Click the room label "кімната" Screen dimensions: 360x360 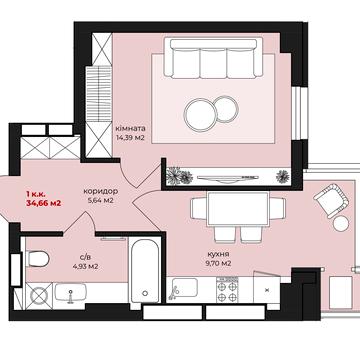(x=130, y=128)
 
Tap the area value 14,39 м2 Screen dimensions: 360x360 (x=130, y=137)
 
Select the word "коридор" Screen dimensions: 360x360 (x=100, y=192)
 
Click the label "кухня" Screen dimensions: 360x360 (x=218, y=254)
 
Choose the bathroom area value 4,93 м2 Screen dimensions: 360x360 (x=85, y=267)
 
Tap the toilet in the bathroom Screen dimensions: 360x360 (x=37, y=259)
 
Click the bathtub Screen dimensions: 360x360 (x=145, y=270)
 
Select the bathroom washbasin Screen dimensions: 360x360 (x=70, y=293)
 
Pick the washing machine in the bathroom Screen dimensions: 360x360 (x=39, y=296)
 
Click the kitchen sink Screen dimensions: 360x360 (x=184, y=287)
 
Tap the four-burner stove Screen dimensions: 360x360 (x=227, y=290)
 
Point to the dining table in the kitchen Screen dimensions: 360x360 (x=238, y=209)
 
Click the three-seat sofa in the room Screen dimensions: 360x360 (x=213, y=58)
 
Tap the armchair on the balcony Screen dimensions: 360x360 (x=331, y=201)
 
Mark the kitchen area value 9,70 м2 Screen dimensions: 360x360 (x=218, y=263)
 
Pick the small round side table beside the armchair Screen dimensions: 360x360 (x=341, y=224)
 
